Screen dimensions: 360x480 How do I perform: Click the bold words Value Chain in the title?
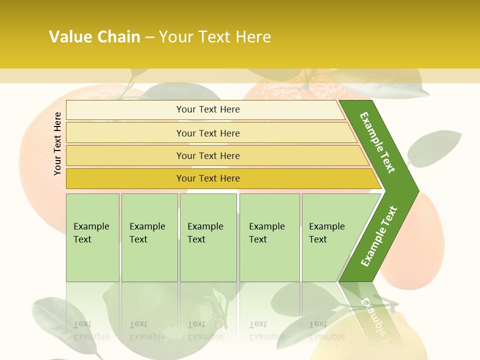tap(94, 37)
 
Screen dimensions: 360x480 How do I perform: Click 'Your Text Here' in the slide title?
tap(215, 37)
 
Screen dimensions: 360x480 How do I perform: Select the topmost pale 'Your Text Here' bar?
tap(207, 109)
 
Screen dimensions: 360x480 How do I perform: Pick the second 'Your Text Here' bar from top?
tap(207, 133)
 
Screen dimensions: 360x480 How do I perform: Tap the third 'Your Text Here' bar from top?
tap(207, 155)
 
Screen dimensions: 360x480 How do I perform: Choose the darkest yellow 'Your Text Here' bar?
tap(207, 178)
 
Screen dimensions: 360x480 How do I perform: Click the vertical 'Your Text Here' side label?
tap(57, 143)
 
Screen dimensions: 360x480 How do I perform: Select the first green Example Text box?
tap(92, 237)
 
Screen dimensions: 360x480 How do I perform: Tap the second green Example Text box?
tap(149, 237)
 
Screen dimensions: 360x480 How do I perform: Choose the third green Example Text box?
tap(208, 237)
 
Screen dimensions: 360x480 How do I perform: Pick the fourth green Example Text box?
tap(269, 237)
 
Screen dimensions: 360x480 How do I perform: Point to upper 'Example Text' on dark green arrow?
tap(377, 142)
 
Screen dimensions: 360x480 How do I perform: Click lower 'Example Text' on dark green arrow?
tap(378, 236)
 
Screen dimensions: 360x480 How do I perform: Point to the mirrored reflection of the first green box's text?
tap(91, 330)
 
